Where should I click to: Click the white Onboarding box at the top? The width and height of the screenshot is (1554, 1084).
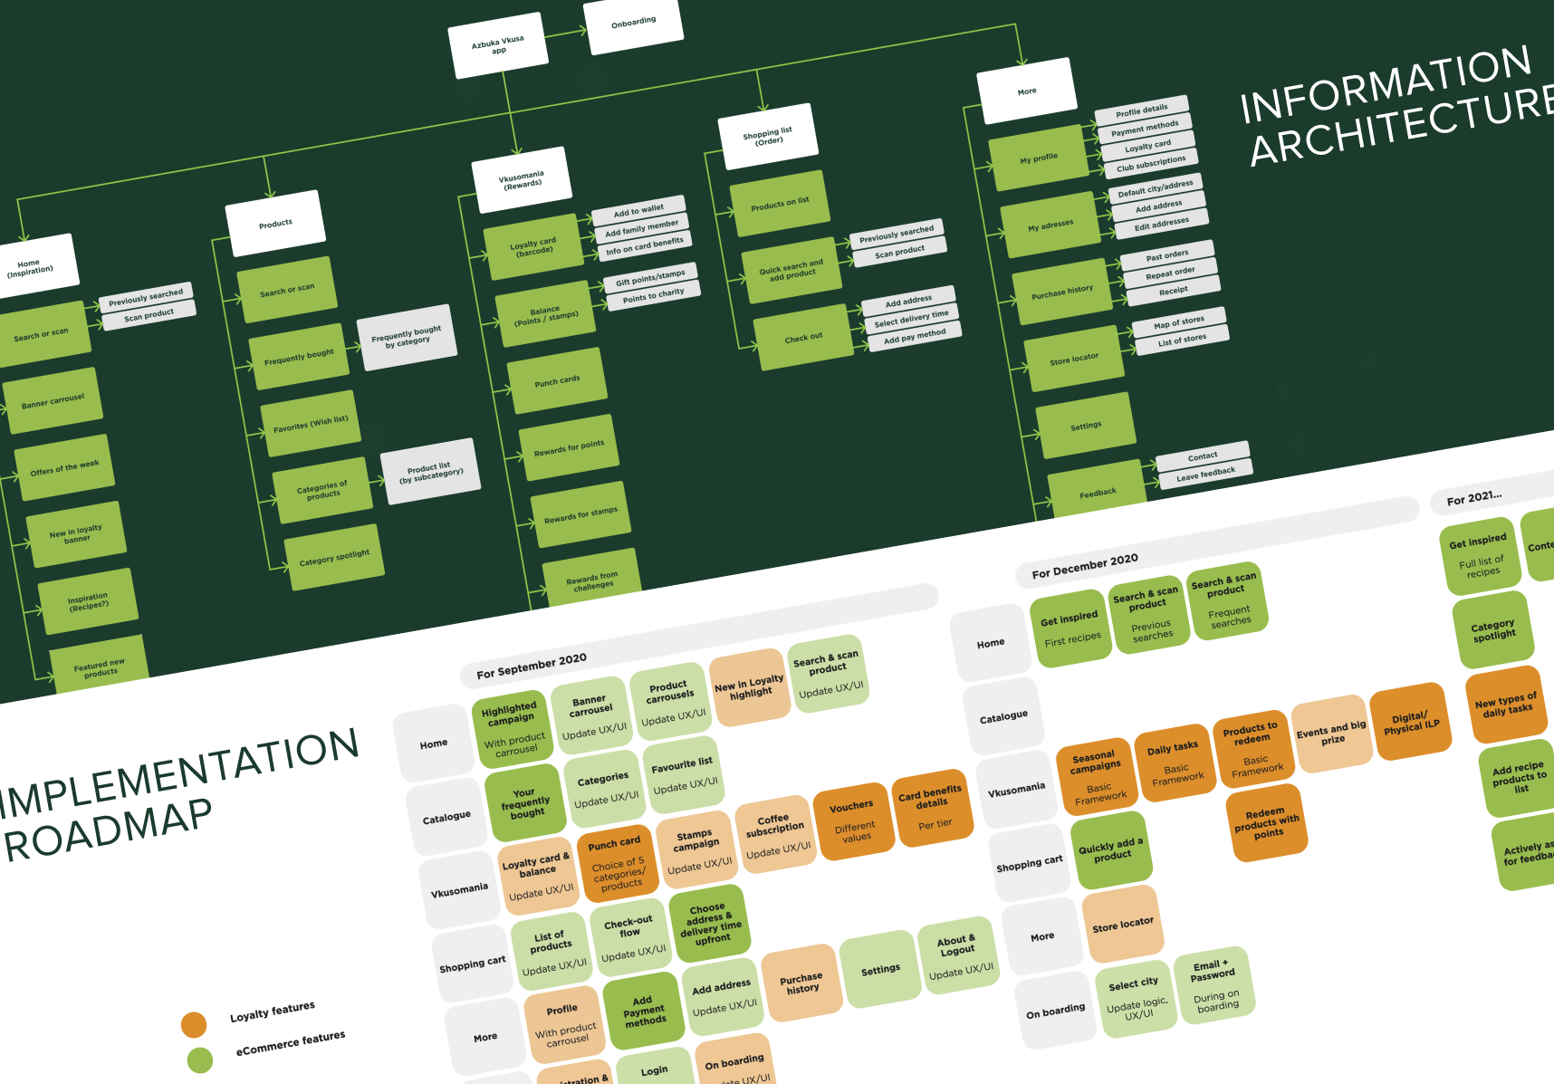coord(633,23)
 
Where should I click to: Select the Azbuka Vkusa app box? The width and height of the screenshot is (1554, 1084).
coord(498,45)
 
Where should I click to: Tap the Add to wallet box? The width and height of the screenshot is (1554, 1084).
coord(638,211)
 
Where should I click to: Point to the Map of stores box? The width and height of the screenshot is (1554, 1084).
coord(1179,322)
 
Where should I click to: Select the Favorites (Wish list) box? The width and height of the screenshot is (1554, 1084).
coord(311,424)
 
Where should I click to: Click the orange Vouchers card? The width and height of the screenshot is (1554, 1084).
coord(851,819)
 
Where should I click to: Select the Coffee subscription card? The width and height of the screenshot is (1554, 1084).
coord(775,834)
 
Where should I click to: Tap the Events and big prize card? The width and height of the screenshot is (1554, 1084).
coord(1331,733)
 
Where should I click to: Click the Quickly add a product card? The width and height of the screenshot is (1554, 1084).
coord(1111,849)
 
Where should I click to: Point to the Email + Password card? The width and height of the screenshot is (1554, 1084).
coord(1213,984)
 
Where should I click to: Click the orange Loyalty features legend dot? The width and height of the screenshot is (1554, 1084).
coord(194,1024)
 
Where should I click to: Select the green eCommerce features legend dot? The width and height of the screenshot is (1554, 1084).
coord(199,1060)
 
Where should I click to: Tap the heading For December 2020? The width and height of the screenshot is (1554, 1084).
coord(1085,566)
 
